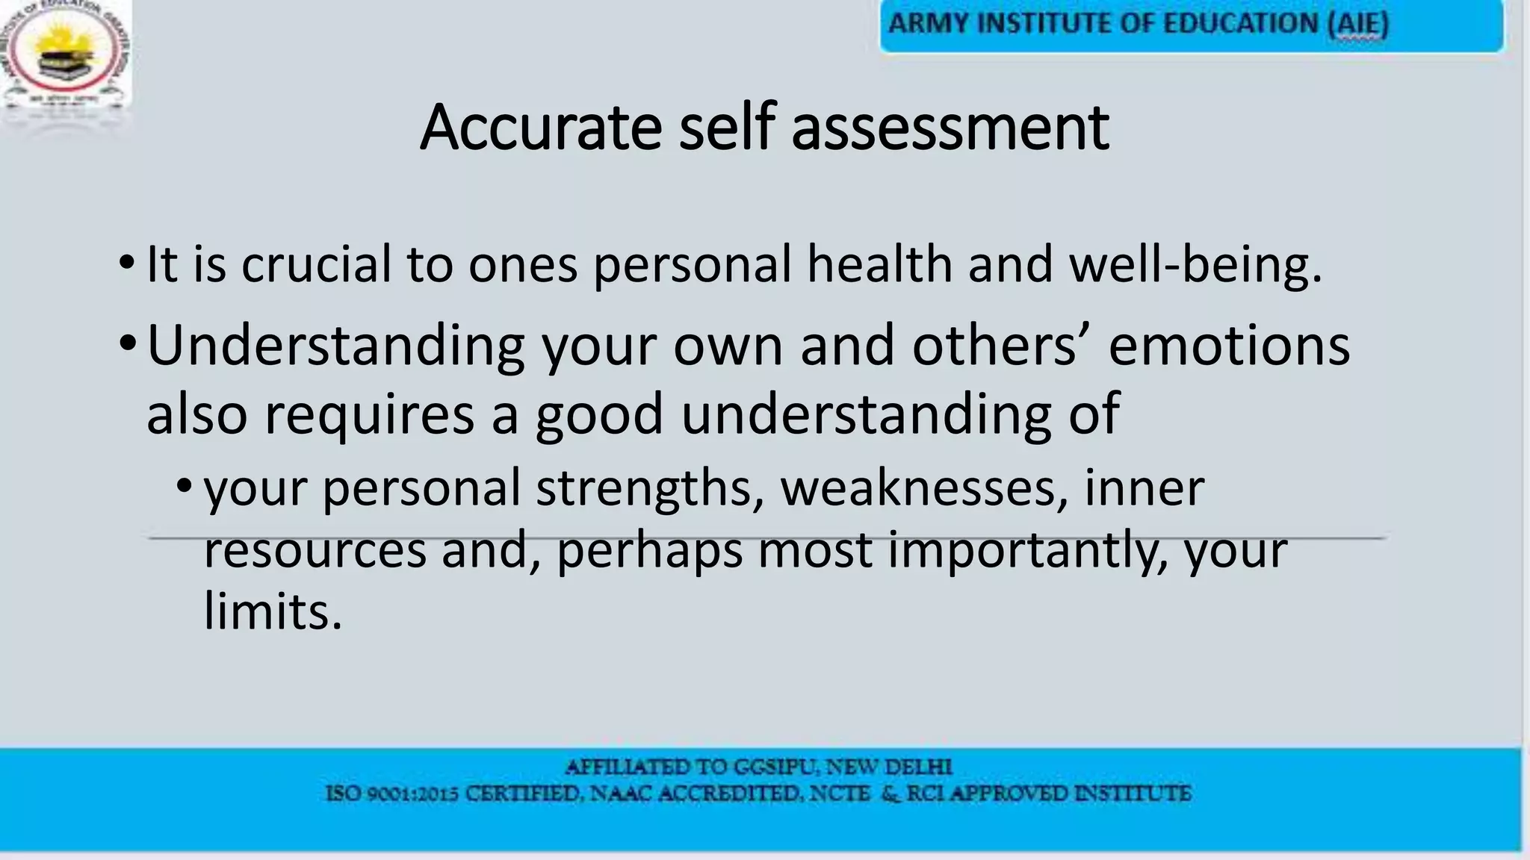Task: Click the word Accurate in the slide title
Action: [540, 128]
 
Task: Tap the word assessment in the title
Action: [950, 128]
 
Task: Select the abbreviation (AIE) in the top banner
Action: [1357, 25]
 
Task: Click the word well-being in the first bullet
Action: [1195, 264]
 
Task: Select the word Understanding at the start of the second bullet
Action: [335, 346]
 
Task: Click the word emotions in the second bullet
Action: [1229, 346]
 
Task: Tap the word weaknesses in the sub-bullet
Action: [923, 488]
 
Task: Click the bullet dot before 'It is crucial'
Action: [126, 264]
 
